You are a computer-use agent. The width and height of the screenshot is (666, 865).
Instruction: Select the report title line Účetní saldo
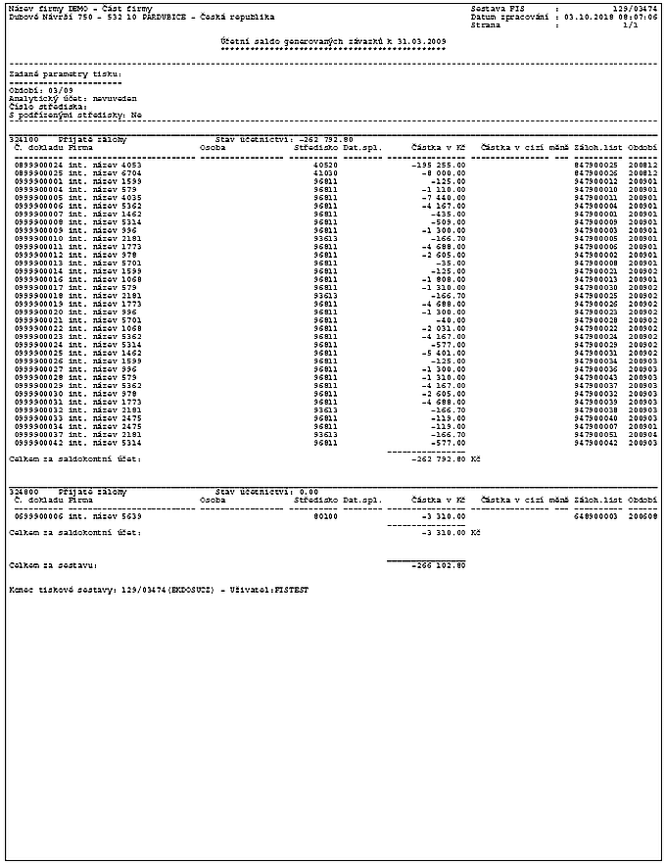tap(333, 41)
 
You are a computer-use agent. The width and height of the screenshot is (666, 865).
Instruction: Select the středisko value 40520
tap(325, 166)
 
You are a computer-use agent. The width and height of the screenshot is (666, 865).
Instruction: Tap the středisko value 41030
tap(325, 173)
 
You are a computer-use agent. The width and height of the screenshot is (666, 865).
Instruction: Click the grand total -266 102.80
tap(440, 565)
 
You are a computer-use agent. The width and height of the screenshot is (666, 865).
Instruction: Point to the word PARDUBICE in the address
tap(130, 17)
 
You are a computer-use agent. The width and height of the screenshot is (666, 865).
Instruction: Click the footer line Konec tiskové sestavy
tap(158, 591)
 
